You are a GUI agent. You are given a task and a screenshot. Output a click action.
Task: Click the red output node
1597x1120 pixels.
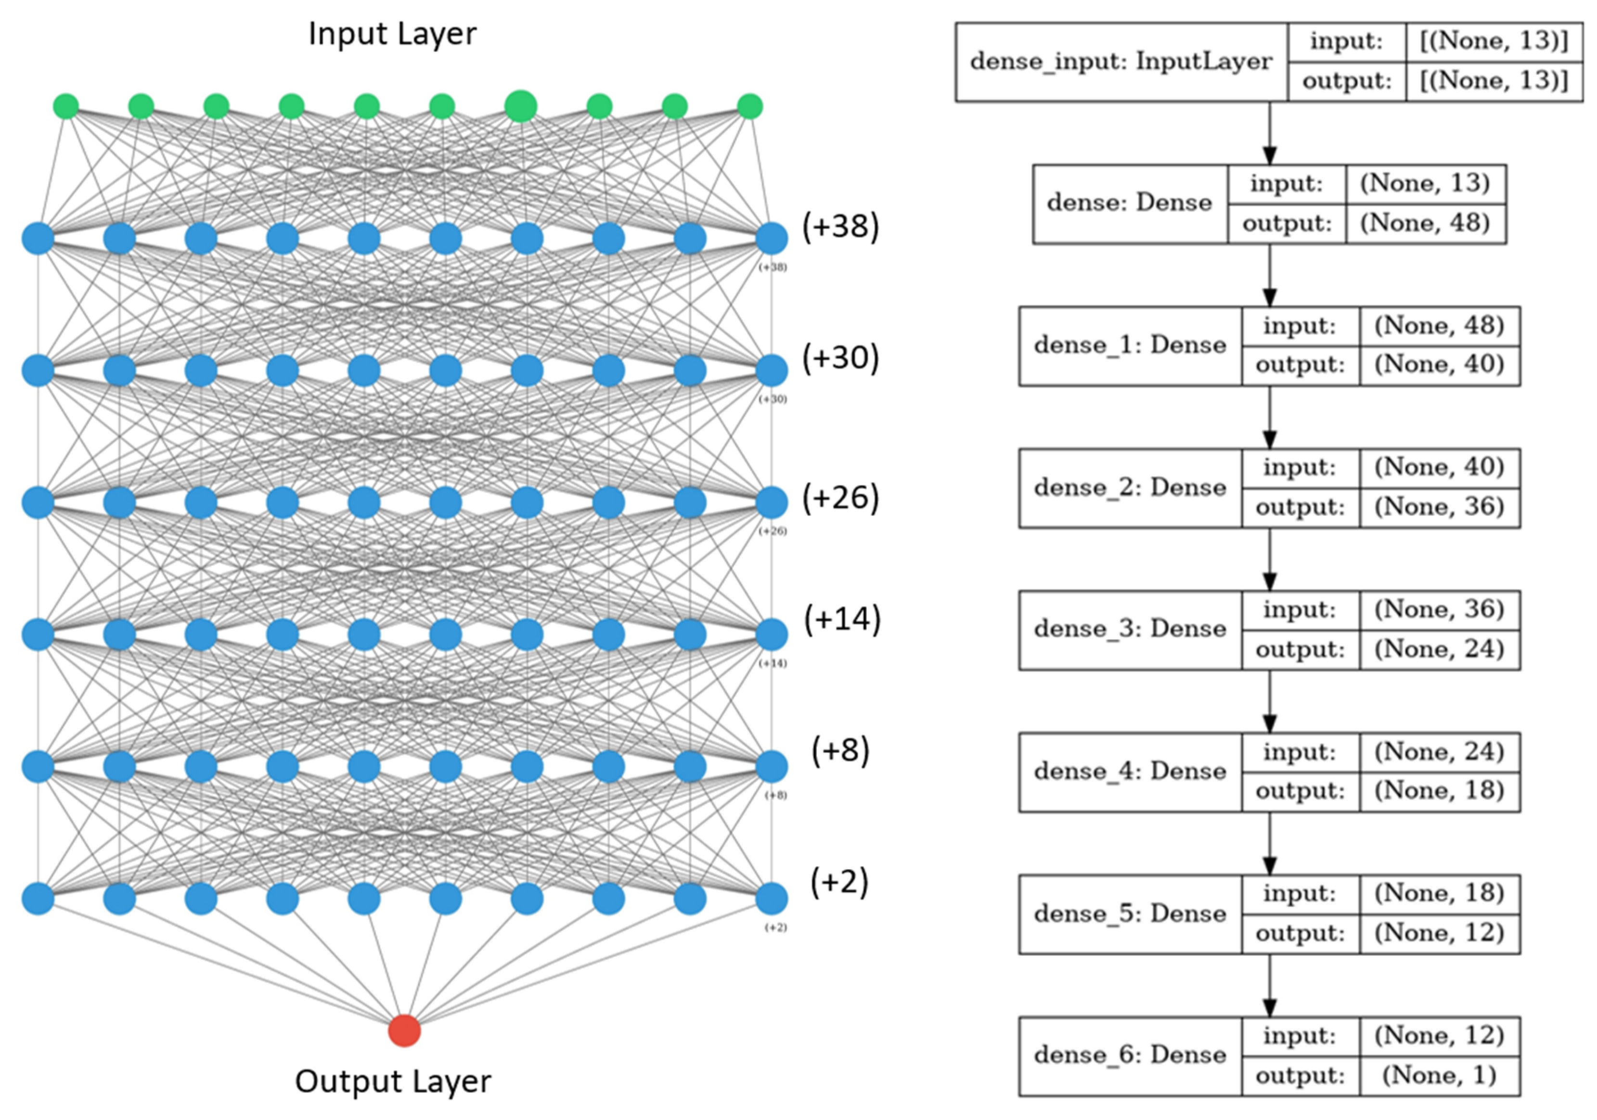[404, 1030]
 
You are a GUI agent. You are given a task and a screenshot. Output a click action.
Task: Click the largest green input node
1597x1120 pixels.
[520, 106]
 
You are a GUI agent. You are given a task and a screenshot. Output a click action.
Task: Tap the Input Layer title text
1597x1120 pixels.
[392, 33]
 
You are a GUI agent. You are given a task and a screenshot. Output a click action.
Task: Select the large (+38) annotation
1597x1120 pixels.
[840, 226]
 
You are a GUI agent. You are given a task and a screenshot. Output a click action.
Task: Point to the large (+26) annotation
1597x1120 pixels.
[840, 497]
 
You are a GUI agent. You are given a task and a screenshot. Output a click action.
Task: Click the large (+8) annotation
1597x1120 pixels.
[840, 751]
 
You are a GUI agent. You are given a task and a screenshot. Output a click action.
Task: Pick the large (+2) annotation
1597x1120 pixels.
[839, 882]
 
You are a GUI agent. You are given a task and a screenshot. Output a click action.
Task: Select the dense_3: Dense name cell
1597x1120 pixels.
[1130, 630]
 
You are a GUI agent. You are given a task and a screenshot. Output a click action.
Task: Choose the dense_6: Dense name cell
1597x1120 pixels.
[1130, 1056]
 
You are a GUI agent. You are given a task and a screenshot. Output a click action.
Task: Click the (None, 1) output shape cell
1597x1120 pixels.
[1439, 1075]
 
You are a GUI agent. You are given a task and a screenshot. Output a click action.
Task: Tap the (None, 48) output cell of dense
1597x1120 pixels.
[1425, 223]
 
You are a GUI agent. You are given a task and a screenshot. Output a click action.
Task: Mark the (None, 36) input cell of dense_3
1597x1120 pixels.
[1439, 609]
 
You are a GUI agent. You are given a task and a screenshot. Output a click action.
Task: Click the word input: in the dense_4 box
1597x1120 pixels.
[1299, 752]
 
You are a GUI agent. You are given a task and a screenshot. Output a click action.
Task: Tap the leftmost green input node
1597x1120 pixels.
[66, 106]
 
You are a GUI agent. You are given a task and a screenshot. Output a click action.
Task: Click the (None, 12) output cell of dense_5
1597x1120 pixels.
[1439, 933]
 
